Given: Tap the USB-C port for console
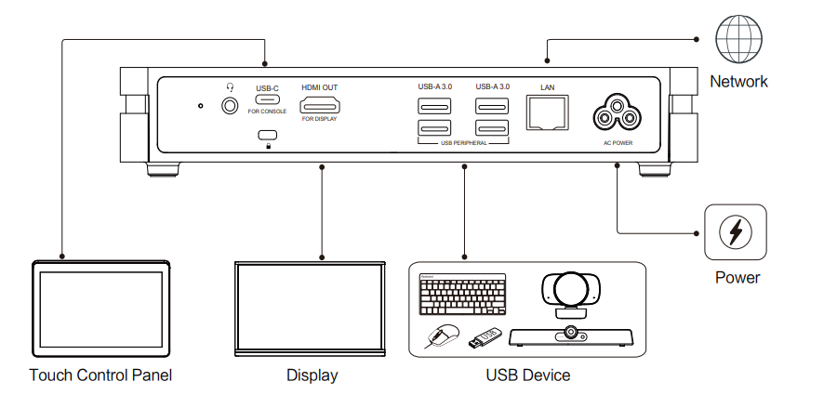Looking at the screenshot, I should coord(267,100).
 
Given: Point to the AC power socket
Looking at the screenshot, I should coord(618,113).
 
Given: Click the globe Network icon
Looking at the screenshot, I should coord(737,40).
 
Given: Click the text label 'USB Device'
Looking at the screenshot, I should coord(527,375).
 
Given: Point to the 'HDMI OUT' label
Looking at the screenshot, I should coord(319,87).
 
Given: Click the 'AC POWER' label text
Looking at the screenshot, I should coord(618,143).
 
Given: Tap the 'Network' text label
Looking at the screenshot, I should coord(738,82).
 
